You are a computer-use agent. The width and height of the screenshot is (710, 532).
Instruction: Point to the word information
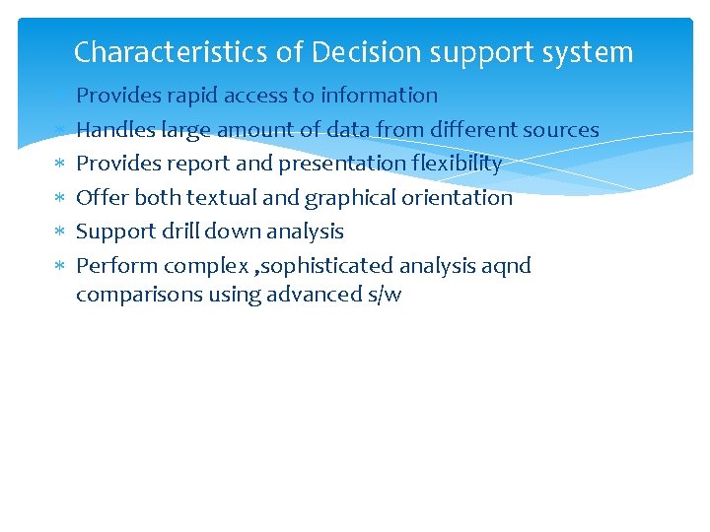379,96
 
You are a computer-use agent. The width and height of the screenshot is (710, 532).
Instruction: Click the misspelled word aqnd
506,266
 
